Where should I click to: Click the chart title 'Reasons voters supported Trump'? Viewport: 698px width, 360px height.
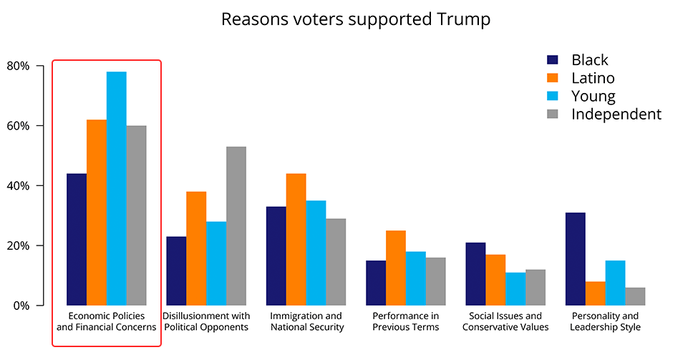pos(356,19)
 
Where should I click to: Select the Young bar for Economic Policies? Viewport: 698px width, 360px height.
pos(117,188)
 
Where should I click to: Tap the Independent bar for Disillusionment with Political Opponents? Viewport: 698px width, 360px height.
pos(236,226)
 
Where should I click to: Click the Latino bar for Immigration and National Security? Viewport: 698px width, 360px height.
pos(296,240)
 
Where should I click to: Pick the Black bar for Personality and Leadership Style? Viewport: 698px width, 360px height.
pos(575,259)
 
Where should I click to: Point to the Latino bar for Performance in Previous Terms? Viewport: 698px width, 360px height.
pos(396,268)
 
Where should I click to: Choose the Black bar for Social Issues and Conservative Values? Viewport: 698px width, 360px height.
pos(475,274)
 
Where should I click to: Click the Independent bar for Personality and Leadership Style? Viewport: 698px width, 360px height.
pos(635,296)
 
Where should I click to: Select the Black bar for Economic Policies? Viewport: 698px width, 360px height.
pos(77,240)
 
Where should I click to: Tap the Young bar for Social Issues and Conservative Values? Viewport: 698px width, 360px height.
pos(515,289)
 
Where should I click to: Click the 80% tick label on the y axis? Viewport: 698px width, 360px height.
pos(18,67)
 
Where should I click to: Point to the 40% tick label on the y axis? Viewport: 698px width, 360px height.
pos(18,186)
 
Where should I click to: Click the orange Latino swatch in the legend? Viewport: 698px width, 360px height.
pos(553,78)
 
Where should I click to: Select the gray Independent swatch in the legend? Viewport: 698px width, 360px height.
pos(553,115)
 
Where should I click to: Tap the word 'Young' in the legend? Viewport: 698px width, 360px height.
pos(593,96)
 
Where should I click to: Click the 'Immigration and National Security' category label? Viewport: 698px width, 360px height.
pos(306,321)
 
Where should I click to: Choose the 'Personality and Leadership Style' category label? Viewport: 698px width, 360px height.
pos(605,321)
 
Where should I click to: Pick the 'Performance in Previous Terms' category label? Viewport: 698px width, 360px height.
pos(406,321)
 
